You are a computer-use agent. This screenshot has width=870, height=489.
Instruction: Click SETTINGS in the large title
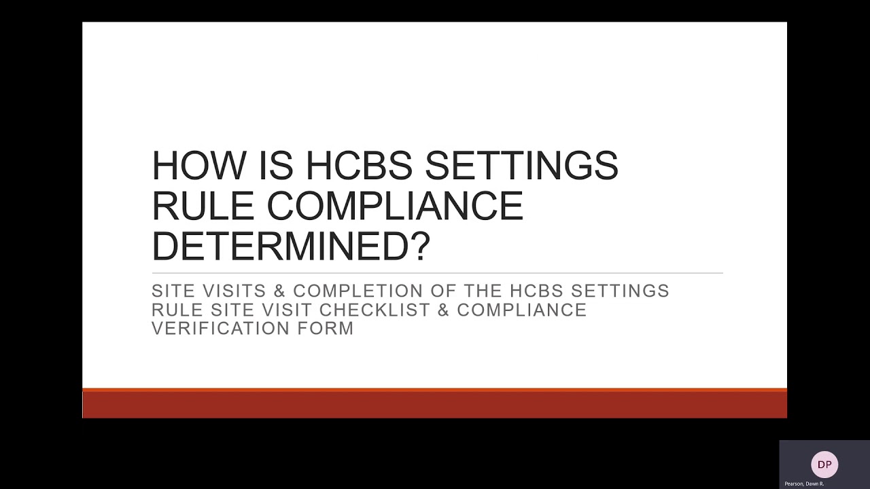522,165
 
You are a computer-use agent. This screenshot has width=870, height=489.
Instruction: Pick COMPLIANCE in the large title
395,205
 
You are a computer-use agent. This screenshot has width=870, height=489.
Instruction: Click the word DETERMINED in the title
280,245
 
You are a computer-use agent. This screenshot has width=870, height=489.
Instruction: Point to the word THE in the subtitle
486,291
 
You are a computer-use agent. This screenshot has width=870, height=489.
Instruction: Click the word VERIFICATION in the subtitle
219,329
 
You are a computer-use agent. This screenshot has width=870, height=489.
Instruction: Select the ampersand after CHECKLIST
444,310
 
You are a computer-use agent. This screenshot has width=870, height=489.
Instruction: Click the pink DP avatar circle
824,465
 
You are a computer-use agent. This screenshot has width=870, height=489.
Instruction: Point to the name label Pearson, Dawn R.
804,484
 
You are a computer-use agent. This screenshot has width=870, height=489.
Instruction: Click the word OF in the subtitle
445,291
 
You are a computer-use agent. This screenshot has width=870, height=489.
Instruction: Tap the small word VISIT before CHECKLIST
289,310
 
